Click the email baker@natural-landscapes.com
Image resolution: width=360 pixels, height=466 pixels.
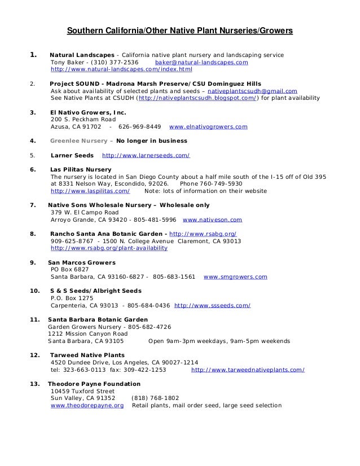click(201, 63)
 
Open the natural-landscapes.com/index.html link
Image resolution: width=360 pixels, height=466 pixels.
click(121, 70)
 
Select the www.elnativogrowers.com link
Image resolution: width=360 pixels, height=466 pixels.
click(208, 127)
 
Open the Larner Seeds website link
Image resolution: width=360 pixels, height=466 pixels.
click(145, 155)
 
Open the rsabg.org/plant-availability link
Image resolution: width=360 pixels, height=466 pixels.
click(109, 248)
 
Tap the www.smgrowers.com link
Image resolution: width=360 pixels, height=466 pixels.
click(235, 277)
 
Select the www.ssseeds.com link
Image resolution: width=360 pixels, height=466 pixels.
click(213, 305)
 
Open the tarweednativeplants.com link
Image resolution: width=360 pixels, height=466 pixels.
click(248, 370)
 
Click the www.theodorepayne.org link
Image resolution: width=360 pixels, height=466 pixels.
click(87, 405)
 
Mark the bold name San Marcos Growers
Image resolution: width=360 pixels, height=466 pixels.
click(82, 262)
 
